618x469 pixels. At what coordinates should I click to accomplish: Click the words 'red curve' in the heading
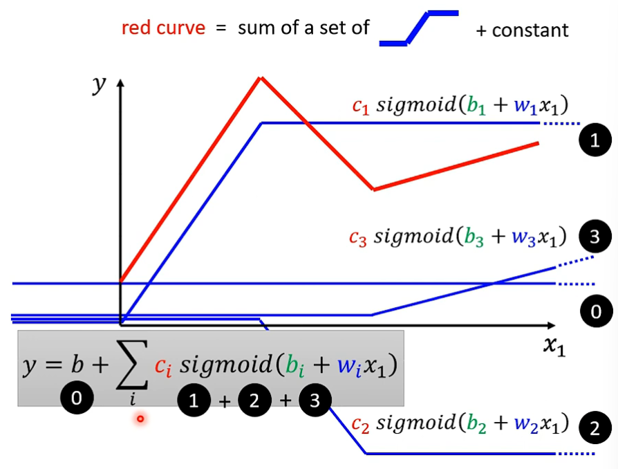click(x=163, y=28)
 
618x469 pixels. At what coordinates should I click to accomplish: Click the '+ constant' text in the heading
click(x=523, y=30)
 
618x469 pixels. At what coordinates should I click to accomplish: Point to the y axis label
click(x=101, y=84)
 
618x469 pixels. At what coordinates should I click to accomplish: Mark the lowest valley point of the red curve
click(x=374, y=188)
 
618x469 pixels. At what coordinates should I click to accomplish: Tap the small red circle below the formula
click(x=140, y=418)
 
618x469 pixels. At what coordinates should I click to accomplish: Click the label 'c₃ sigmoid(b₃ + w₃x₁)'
click(x=458, y=236)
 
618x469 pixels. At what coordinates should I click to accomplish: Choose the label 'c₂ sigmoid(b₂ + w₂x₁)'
click(x=460, y=423)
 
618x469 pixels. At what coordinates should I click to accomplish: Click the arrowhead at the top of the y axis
click(x=121, y=83)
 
